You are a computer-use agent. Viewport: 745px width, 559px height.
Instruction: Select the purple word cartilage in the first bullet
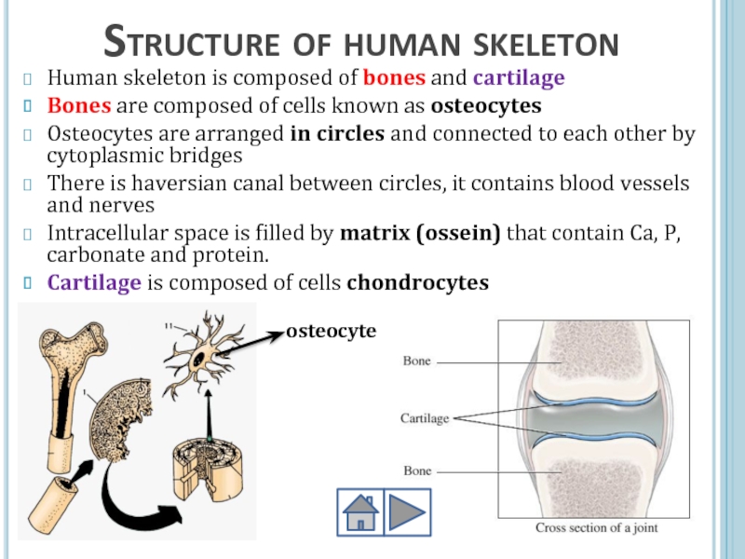(x=519, y=77)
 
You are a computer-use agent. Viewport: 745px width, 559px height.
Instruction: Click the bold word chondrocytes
(x=417, y=283)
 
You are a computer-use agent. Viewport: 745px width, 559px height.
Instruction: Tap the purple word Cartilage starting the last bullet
(x=87, y=283)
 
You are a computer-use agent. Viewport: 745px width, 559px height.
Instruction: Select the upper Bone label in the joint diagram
(x=416, y=361)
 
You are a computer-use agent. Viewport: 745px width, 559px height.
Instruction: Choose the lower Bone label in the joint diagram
(x=416, y=471)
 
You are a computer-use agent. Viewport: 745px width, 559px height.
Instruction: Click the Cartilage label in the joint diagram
(x=425, y=418)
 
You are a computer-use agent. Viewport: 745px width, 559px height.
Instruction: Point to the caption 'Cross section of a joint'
(x=596, y=528)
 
